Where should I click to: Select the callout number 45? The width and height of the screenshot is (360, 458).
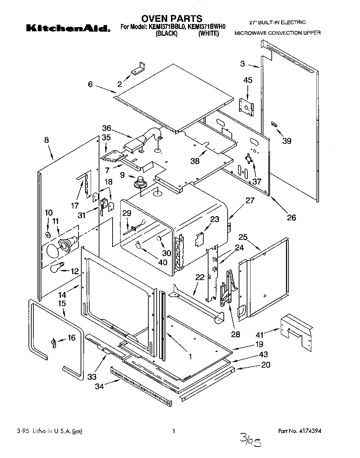pyautogui.click(x=248, y=80)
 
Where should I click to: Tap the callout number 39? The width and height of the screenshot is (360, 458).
pyautogui.click(x=287, y=141)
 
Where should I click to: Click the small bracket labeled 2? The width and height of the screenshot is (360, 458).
pyautogui.click(x=138, y=68)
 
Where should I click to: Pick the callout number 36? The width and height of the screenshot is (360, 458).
pyautogui.click(x=107, y=128)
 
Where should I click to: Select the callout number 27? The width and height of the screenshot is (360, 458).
pyautogui.click(x=250, y=201)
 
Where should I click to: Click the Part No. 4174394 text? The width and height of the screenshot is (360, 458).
pyautogui.click(x=300, y=431)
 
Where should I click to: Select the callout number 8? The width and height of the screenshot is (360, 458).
pyautogui.click(x=47, y=140)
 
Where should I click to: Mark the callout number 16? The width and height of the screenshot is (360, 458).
pyautogui.click(x=71, y=337)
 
